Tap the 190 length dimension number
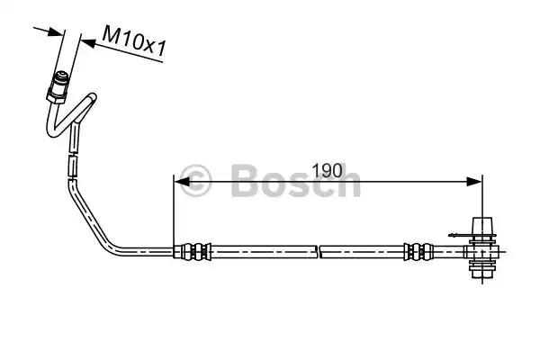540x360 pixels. [x=328, y=168]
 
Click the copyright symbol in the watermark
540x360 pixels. [x=195, y=182]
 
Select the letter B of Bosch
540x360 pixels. [x=244, y=182]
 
